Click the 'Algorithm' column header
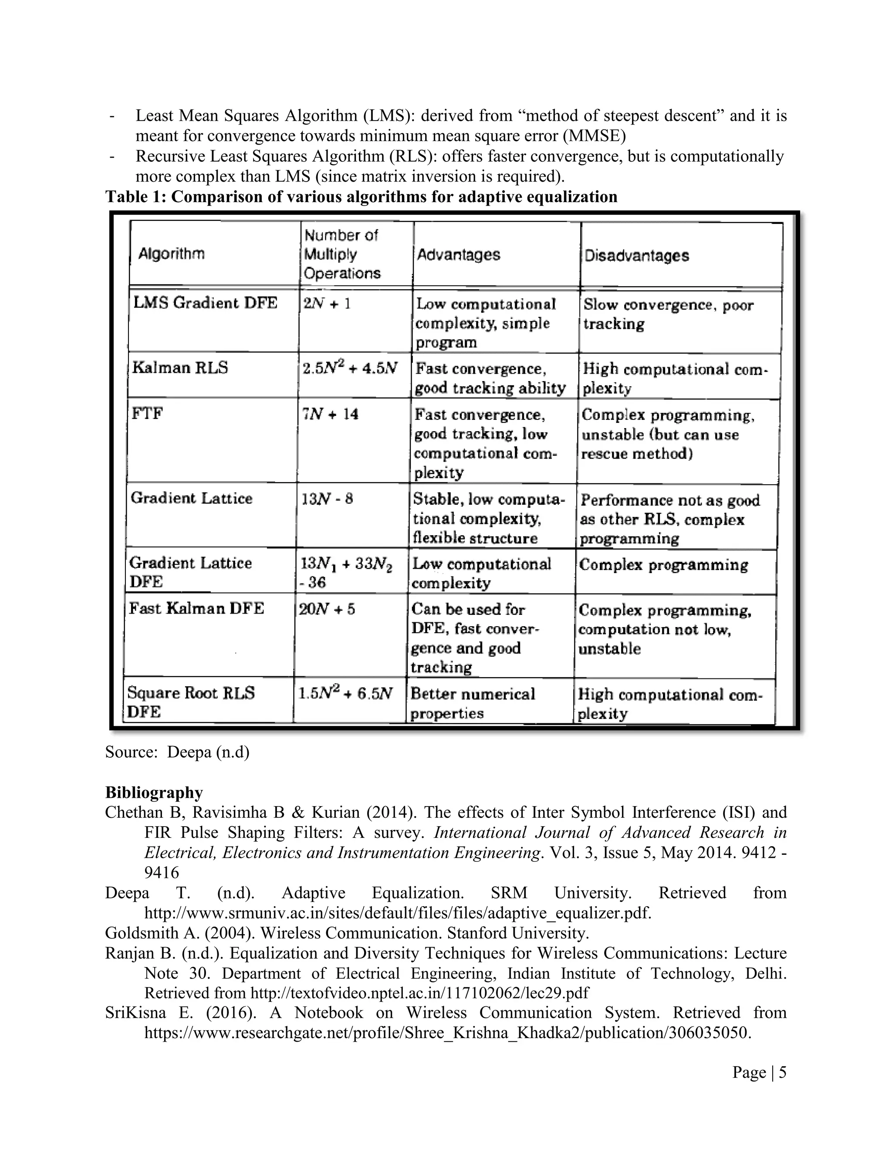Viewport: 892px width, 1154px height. tap(171, 254)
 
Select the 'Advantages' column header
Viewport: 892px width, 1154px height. tap(458, 255)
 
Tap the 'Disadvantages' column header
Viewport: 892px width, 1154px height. tap(636, 256)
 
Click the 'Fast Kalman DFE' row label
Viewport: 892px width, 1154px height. tap(196, 609)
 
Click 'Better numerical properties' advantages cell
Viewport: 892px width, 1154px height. tap(472, 703)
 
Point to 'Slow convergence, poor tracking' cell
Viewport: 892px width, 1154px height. tap(668, 314)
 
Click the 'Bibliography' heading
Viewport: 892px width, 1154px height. tap(154, 793)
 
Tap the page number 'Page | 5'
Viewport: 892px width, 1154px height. tap(759, 1072)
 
